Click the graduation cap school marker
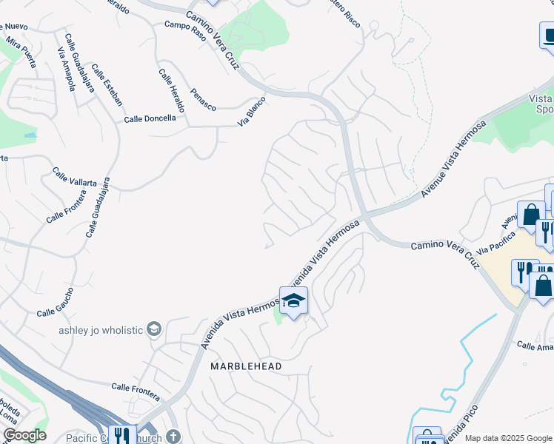[x=293, y=300]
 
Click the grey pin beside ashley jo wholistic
[x=154, y=329]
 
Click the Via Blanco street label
[x=252, y=111]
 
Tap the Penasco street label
[x=203, y=102]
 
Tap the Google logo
[x=24, y=435]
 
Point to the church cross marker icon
[x=173, y=436]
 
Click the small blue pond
[x=30, y=136]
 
